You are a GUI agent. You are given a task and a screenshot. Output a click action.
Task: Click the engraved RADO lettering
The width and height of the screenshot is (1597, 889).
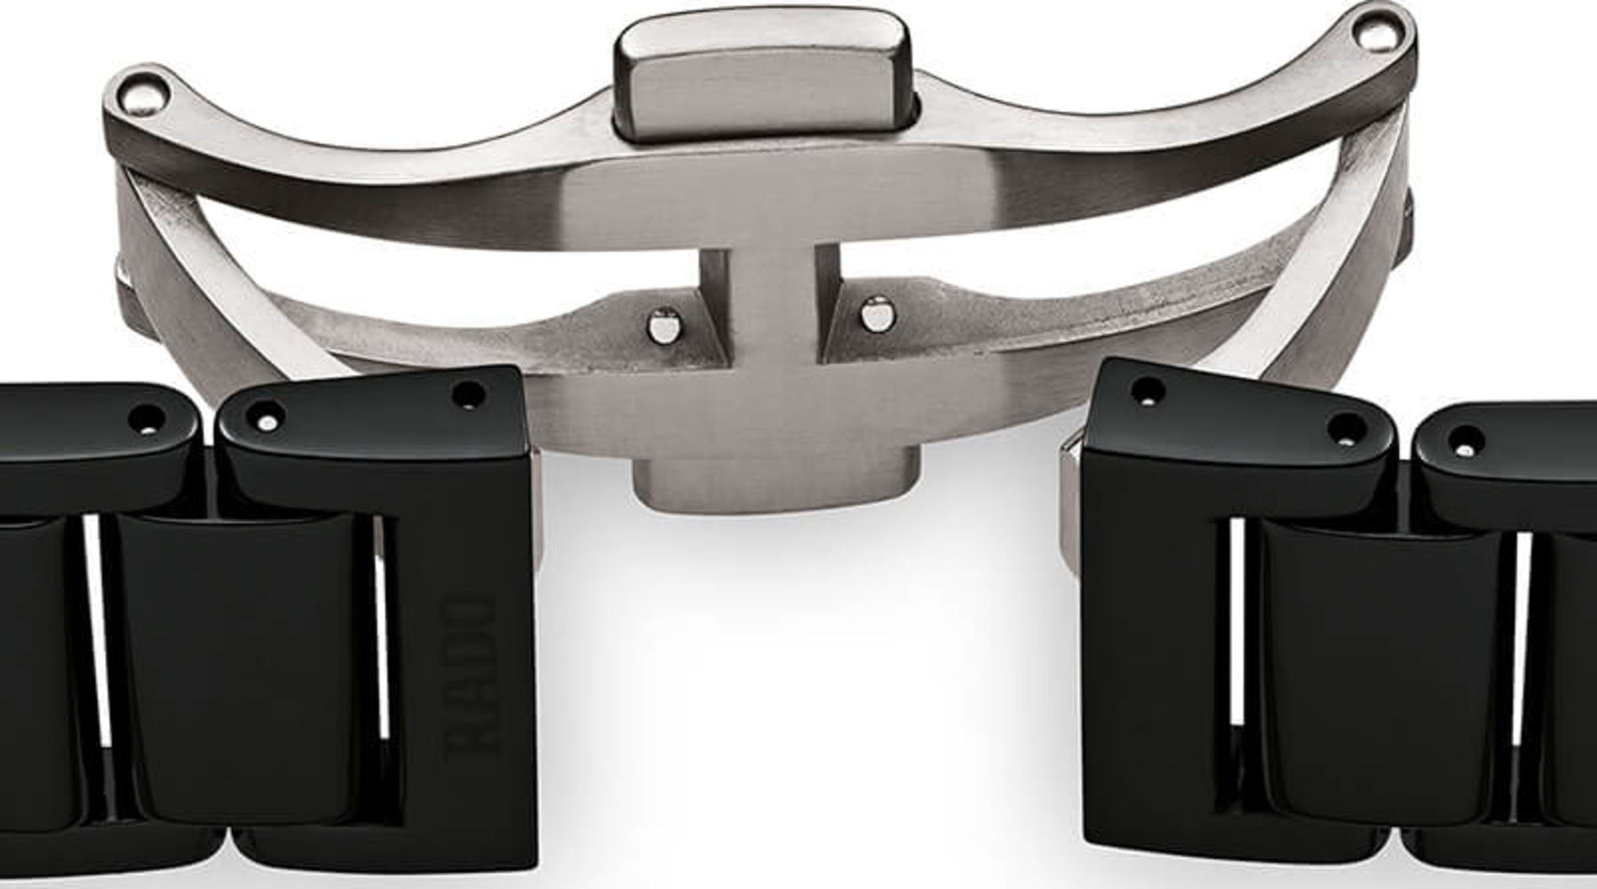[x=468, y=675]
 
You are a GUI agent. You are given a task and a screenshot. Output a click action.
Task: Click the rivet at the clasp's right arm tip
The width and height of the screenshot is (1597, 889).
[x=1373, y=32]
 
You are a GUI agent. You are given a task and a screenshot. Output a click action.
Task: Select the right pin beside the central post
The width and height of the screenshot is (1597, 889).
[x=875, y=314]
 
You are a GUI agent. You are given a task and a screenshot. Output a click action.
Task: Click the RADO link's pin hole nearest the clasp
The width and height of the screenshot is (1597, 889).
[x=467, y=396]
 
